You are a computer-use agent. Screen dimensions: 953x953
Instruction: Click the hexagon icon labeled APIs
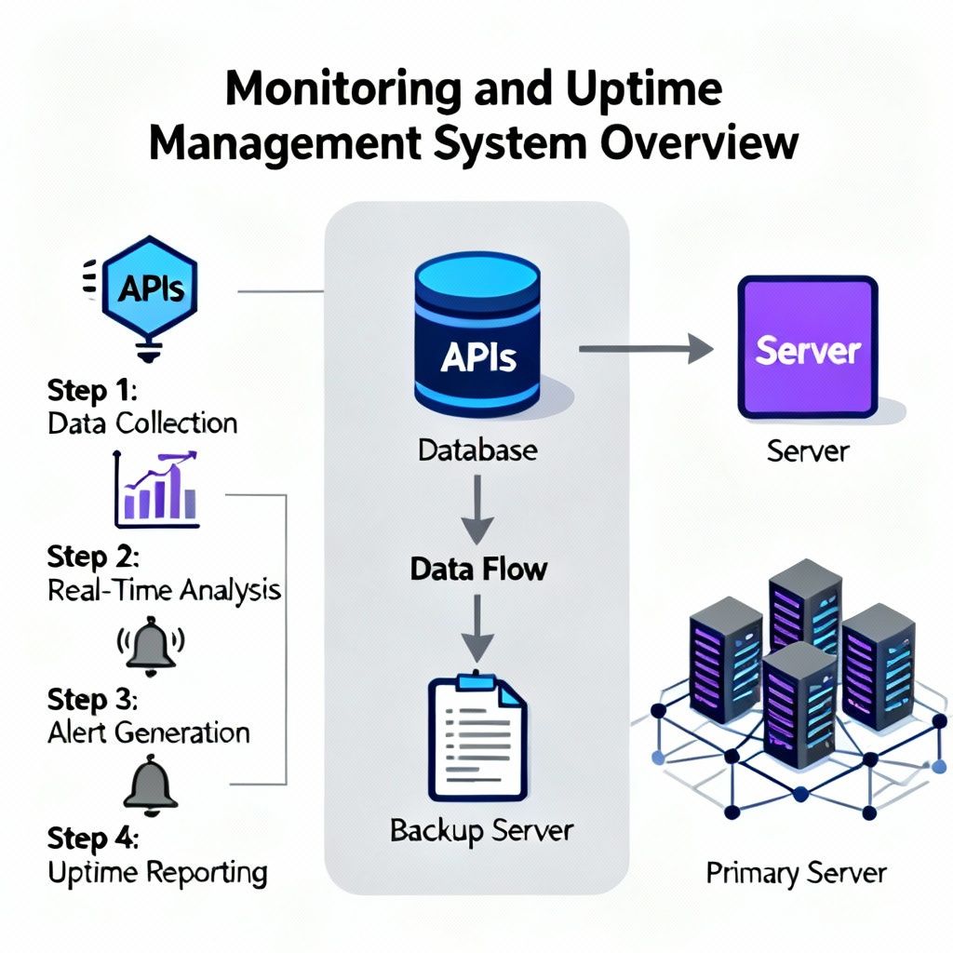coord(149,287)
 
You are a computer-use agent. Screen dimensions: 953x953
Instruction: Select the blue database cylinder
coord(477,337)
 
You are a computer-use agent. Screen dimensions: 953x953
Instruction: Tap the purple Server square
coord(808,347)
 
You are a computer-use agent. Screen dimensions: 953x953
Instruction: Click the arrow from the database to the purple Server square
coord(646,348)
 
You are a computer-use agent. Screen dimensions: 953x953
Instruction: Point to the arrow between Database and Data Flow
coord(477,509)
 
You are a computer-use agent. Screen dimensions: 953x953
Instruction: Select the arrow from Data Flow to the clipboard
coord(477,628)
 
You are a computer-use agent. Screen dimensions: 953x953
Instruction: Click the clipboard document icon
coord(477,736)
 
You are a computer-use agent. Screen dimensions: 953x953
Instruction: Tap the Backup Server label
coord(481,831)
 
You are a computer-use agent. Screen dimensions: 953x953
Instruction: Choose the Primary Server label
coord(797,873)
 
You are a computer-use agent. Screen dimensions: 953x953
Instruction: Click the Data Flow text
coord(478,569)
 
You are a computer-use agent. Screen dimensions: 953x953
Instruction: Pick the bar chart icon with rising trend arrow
coord(156,490)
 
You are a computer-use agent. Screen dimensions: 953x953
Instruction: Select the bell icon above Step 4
coord(151,785)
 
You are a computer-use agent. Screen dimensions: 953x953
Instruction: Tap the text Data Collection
coord(142,423)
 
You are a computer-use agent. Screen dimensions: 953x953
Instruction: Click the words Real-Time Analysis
coord(164,589)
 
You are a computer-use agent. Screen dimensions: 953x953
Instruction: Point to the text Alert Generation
coord(149,732)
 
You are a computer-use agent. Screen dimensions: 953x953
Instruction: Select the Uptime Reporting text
coord(157,873)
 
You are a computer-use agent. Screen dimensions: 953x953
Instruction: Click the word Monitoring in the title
coord(342,90)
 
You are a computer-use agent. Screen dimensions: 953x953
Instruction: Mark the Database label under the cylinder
coord(477,450)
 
